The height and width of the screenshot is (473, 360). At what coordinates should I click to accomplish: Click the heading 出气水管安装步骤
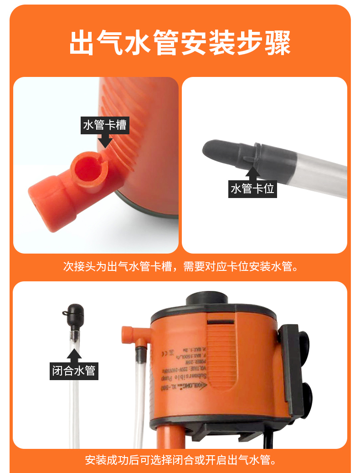(x=180, y=43)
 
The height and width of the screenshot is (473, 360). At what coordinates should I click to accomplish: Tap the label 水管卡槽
(x=104, y=124)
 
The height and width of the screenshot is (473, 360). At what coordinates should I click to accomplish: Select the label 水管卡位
(x=252, y=188)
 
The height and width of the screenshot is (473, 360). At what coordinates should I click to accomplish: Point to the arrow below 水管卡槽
(x=105, y=140)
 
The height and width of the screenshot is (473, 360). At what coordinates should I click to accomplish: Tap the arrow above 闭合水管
(x=73, y=355)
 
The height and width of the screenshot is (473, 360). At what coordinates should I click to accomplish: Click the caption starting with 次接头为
(x=180, y=266)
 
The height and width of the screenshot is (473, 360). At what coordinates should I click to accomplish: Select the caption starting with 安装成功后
(x=180, y=459)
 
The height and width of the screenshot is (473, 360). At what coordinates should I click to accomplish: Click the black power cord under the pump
(x=269, y=439)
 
